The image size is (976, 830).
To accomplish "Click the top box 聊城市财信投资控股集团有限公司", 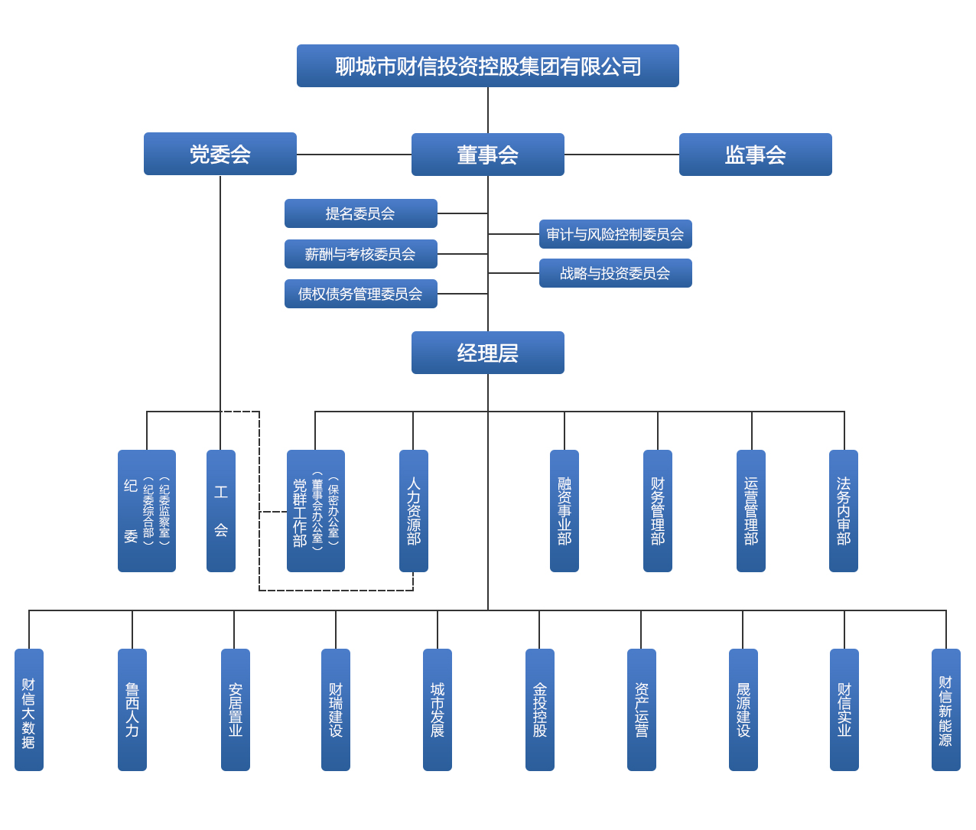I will pyautogui.click(x=487, y=66).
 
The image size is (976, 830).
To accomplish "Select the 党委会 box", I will pyautogui.click(x=220, y=154).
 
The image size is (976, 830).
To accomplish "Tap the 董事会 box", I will pyautogui.click(x=487, y=155).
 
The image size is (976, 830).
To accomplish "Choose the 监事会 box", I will pyautogui.click(x=755, y=155).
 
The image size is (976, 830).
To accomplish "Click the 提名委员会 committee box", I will pyautogui.click(x=360, y=213).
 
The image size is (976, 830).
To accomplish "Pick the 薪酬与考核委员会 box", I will pyautogui.click(x=360, y=254).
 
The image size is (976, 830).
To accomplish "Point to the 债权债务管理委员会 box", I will pyautogui.click(x=360, y=294).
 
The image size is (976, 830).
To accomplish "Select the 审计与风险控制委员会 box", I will pyautogui.click(x=615, y=234).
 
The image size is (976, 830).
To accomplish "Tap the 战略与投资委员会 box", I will pyautogui.click(x=615, y=273).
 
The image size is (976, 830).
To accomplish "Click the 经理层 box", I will pyautogui.click(x=487, y=353).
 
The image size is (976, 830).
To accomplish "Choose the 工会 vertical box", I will pyautogui.click(x=221, y=510).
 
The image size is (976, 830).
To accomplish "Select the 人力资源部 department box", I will pyautogui.click(x=413, y=510).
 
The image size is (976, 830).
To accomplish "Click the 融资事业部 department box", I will pyautogui.click(x=564, y=510).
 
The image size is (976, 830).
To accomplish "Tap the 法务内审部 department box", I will pyautogui.click(x=844, y=510).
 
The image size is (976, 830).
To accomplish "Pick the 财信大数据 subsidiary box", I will pyautogui.click(x=29, y=709).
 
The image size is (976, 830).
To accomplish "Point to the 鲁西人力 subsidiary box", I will pyautogui.click(x=132, y=709).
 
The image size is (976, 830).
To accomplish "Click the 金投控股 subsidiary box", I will pyautogui.click(x=539, y=709).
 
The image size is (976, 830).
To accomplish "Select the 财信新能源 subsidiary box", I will pyautogui.click(x=945, y=709).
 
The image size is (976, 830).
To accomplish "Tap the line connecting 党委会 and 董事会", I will pyautogui.click(x=353, y=155).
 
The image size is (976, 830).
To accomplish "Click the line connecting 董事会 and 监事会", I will pyautogui.click(x=621, y=155).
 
